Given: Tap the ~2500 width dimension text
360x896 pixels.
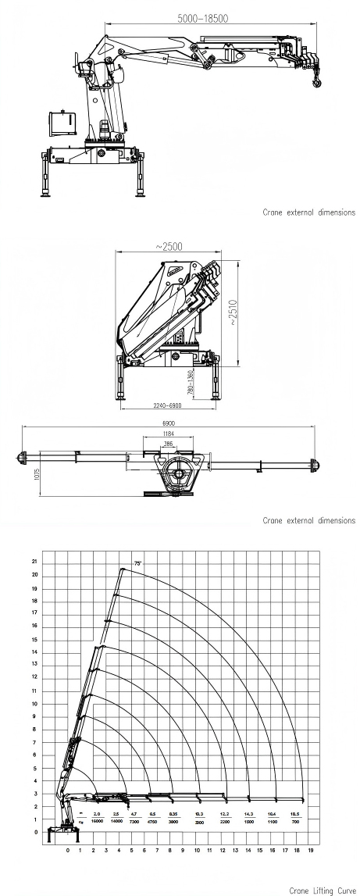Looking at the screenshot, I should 169,245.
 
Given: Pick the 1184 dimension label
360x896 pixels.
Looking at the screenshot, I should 168,434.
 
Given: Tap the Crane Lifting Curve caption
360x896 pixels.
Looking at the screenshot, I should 322,890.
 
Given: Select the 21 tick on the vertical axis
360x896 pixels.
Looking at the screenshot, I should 34,562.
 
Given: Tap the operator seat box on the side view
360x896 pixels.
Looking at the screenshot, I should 61,122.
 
